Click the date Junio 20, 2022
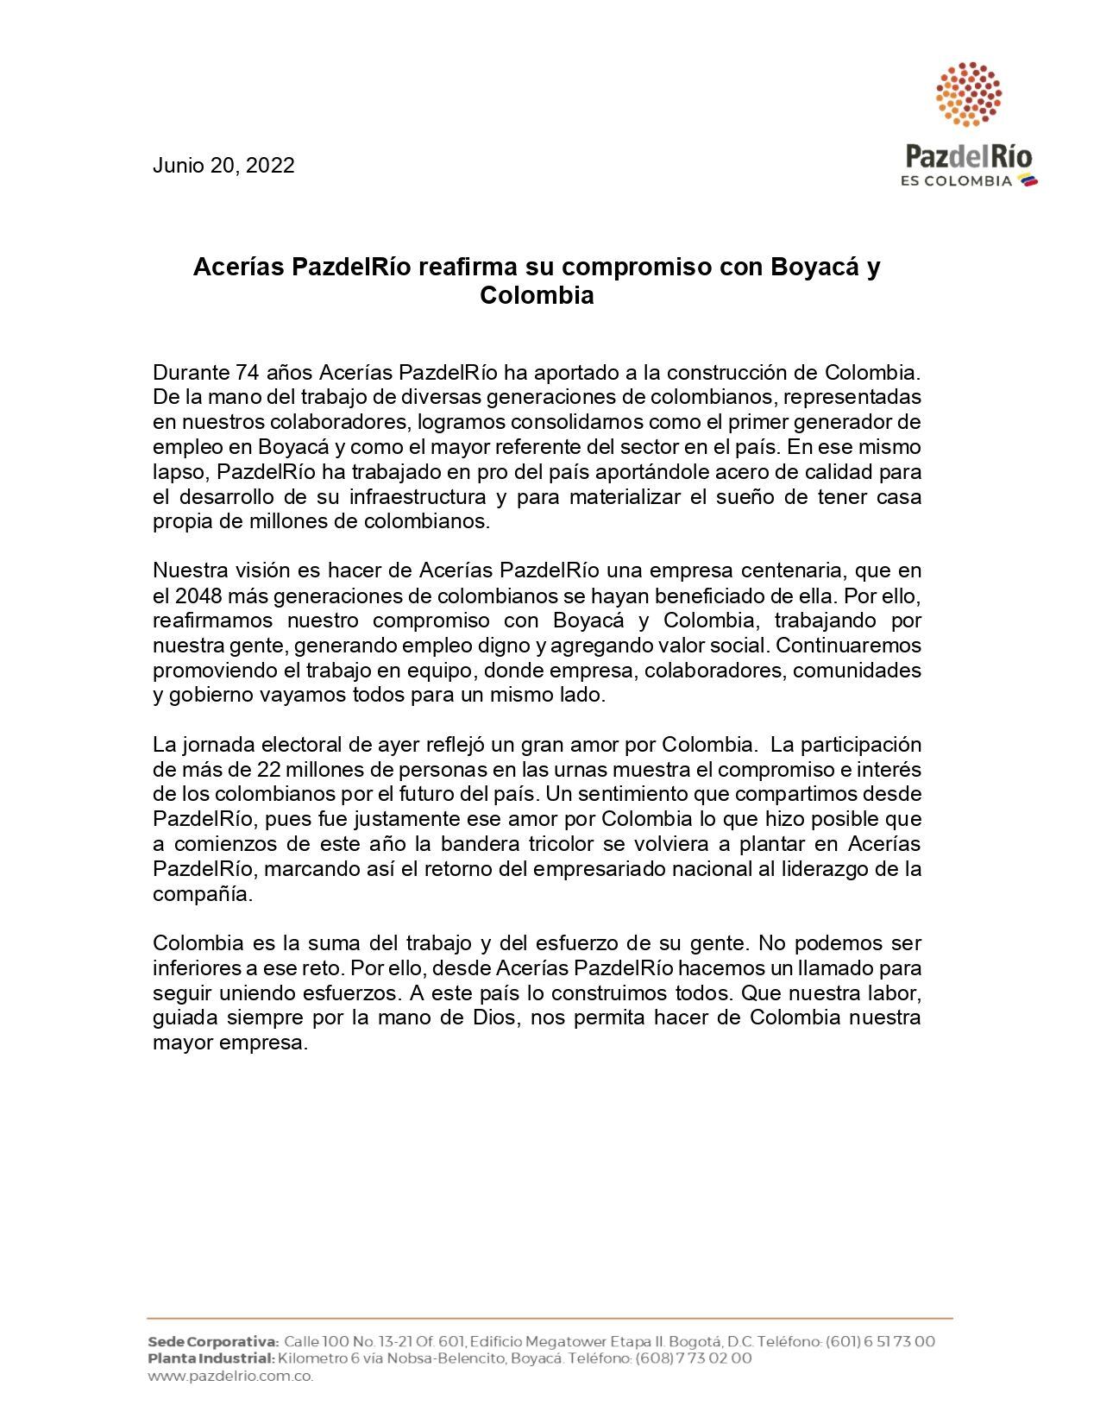click(223, 166)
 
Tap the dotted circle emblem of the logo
click(969, 93)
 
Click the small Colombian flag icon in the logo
click(1028, 180)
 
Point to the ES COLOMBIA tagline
click(956, 181)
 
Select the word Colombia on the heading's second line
click(537, 295)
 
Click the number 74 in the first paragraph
click(248, 374)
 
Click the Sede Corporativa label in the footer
click(212, 1342)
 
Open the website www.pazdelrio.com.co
click(230, 1376)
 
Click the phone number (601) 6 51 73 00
click(880, 1342)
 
